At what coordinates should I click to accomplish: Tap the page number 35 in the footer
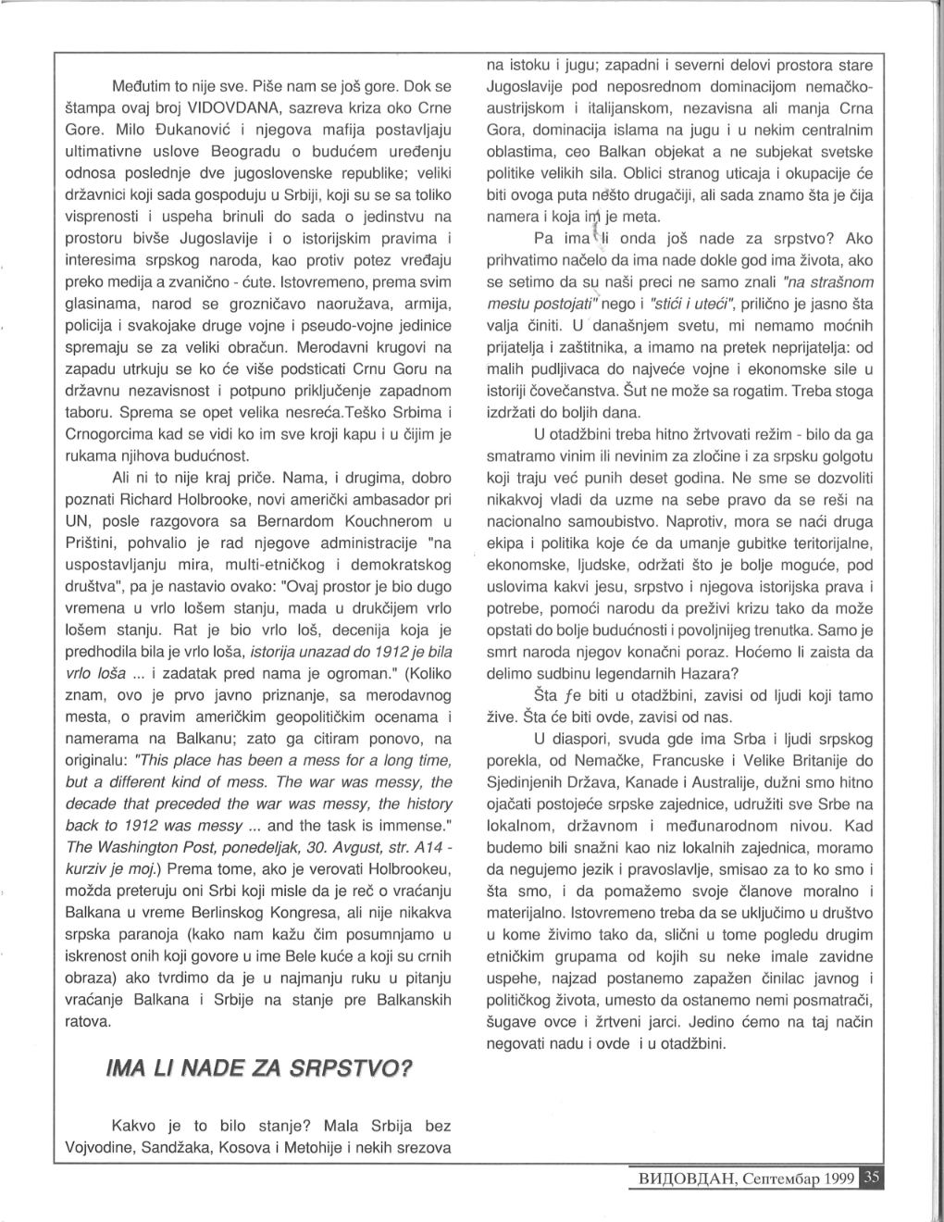tap(874, 1178)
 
